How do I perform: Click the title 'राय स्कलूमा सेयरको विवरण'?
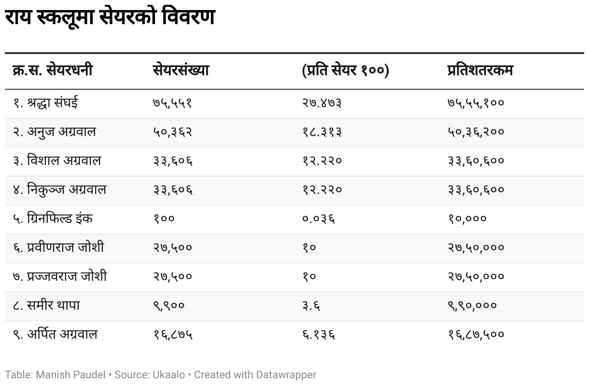[110, 18]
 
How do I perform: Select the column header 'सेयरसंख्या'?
[181, 70]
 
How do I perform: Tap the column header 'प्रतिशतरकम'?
[480, 70]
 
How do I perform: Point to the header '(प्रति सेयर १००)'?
[345, 70]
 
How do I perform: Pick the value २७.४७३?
[322, 103]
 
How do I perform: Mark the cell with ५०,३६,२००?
[476, 132]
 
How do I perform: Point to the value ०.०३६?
[319, 219]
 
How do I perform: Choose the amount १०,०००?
[467, 219]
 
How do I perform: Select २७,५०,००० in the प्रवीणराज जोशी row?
[476, 248]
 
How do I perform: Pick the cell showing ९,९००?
[168, 305]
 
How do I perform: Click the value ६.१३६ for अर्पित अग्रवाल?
[319, 334]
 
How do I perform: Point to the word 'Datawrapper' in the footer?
[286, 374]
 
